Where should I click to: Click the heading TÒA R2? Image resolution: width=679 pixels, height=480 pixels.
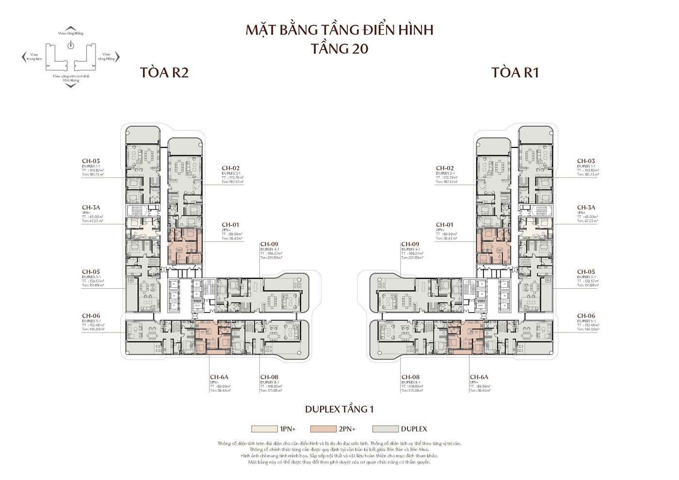[x=164, y=73]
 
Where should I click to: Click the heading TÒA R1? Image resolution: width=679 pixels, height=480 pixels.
[x=515, y=73]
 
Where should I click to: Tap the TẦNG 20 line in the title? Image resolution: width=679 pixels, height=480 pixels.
[x=339, y=49]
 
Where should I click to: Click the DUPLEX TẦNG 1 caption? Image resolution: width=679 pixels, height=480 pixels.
[x=339, y=409]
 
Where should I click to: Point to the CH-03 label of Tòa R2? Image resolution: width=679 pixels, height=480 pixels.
[x=91, y=161]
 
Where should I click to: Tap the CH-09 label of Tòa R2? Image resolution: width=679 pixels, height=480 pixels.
[x=269, y=244]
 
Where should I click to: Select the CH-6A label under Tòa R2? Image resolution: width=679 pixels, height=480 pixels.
[x=219, y=377]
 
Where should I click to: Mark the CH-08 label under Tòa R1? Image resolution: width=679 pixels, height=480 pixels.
[x=410, y=377]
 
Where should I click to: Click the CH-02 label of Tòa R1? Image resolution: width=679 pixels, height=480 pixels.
[x=444, y=168]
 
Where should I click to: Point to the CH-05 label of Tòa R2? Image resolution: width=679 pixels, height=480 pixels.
[x=91, y=272]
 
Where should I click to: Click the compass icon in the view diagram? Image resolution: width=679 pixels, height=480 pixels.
[x=71, y=45]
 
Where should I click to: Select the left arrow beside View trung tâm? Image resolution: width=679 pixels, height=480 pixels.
[x=23, y=58]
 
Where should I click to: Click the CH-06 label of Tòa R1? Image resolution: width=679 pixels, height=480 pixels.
[x=586, y=315]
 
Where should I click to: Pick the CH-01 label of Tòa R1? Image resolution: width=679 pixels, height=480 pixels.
[x=444, y=225]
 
